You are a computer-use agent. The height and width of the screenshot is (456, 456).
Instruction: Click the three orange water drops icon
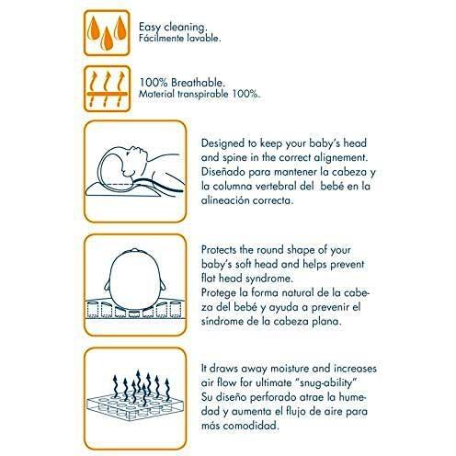coord(107,33)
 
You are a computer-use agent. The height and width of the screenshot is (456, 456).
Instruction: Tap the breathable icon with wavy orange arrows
coord(107,89)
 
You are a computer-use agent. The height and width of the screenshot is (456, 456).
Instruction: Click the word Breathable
coord(198,83)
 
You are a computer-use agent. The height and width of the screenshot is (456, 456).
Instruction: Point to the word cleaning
coord(186,28)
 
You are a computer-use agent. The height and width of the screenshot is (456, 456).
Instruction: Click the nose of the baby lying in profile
coord(143,150)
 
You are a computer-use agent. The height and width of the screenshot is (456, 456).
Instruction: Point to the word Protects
coord(219,250)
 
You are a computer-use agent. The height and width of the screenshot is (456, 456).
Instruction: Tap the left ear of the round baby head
coord(108,285)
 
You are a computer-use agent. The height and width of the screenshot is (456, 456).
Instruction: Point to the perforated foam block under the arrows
coord(135,407)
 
